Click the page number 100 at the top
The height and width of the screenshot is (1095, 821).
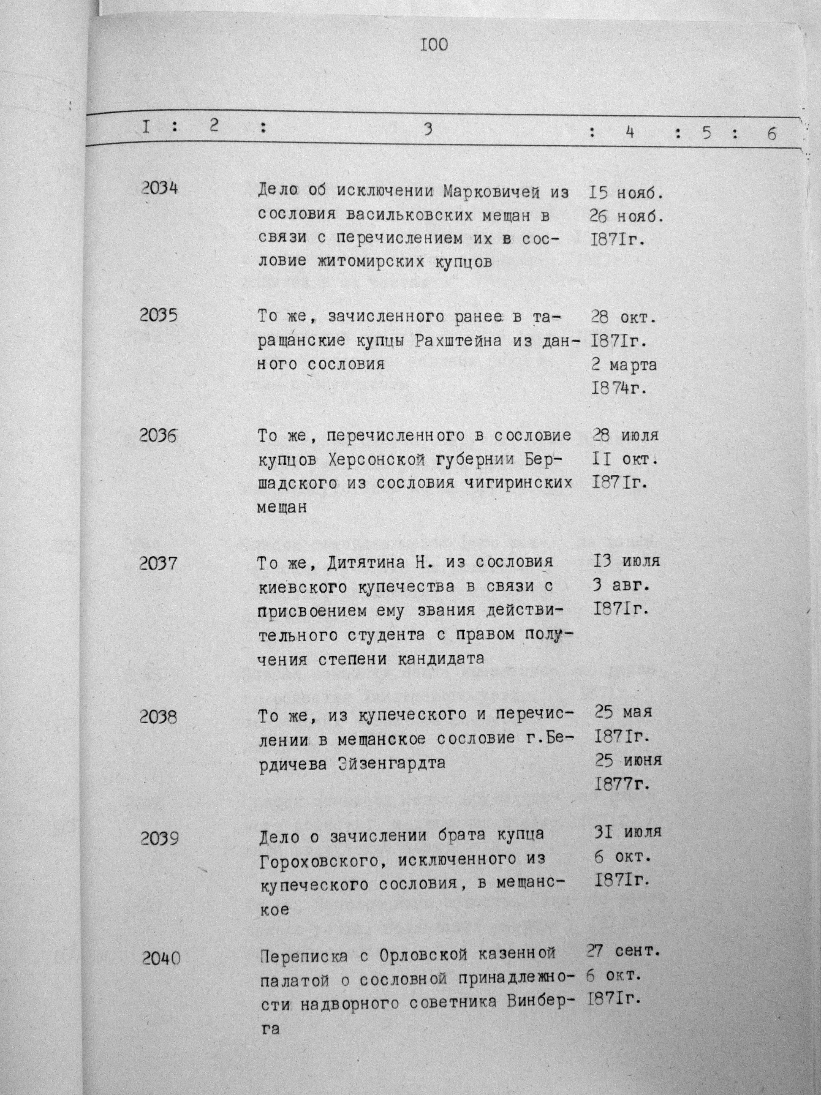[x=434, y=45]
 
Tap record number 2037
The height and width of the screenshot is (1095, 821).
[x=158, y=563]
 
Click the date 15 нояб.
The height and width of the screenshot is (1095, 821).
[x=625, y=193]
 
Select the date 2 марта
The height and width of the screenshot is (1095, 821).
[x=625, y=365]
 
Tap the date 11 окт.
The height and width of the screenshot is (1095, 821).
[x=625, y=460]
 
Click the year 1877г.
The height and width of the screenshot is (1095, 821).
[x=622, y=784]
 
